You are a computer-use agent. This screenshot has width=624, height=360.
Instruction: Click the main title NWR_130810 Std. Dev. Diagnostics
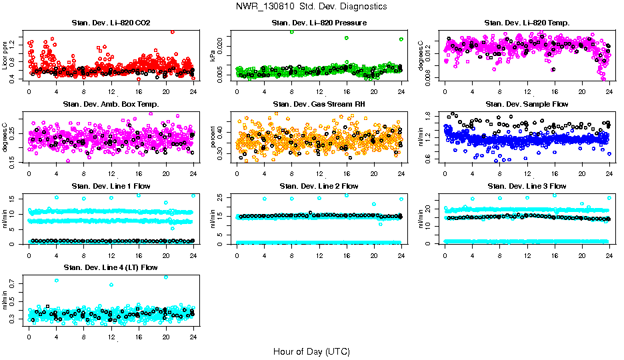point(311,6)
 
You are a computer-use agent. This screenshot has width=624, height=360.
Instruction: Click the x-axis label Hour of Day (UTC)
point(311,351)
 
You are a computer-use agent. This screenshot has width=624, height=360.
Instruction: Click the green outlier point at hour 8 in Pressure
point(291,31)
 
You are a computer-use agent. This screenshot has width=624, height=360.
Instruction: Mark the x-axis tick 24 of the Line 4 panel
point(193,337)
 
